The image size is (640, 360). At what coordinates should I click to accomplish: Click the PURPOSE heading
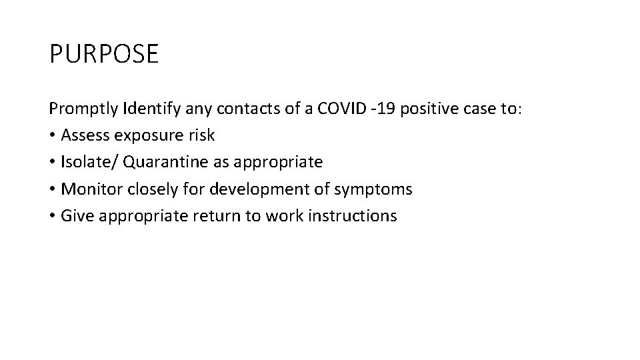104,54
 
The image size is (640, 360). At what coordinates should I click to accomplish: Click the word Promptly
83,108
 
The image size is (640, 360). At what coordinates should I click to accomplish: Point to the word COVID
341,108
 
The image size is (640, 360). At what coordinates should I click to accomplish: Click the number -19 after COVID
381,108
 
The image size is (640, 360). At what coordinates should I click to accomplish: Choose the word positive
425,108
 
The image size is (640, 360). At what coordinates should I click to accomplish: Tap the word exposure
147,135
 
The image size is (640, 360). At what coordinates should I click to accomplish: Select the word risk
201,135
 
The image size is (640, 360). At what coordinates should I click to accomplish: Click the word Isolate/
85,162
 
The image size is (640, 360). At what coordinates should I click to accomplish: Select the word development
253,189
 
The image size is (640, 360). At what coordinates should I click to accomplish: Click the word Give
75,216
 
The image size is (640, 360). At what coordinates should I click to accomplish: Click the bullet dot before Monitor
52,190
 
